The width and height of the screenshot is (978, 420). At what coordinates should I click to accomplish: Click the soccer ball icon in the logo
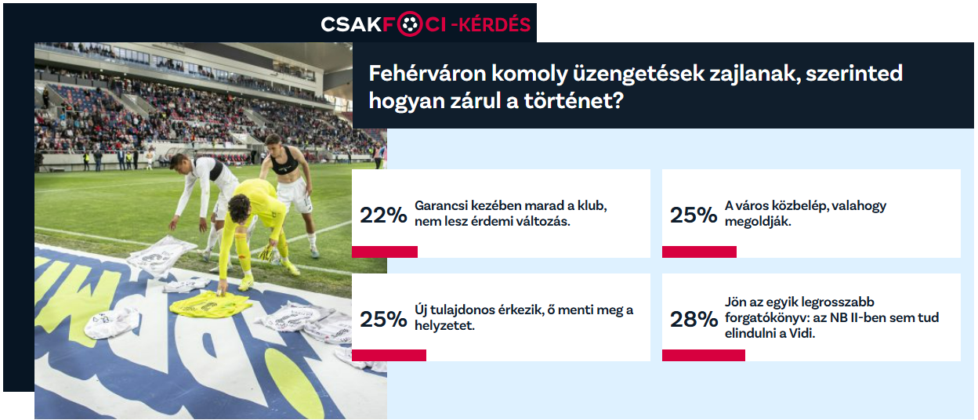point(409,24)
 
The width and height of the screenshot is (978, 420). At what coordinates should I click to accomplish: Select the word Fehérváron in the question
point(427,74)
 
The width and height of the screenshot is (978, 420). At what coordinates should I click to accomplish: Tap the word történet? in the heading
point(574,101)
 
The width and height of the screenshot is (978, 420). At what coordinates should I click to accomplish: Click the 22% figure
point(383,215)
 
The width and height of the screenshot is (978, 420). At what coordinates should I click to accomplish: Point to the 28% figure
point(694,319)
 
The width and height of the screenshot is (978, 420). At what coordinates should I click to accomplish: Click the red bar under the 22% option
point(385,252)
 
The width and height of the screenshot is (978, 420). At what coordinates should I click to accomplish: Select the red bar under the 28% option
point(704,356)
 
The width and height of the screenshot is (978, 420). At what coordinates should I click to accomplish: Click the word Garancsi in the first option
point(440,205)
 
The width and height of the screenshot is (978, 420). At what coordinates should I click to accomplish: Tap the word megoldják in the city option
point(758,222)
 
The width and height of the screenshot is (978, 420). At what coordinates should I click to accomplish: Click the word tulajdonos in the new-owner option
point(462,310)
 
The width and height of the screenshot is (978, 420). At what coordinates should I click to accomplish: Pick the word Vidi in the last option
point(802,334)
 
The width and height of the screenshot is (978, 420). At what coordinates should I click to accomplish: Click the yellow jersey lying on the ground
point(209,304)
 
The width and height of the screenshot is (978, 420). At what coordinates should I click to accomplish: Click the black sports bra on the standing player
point(284,161)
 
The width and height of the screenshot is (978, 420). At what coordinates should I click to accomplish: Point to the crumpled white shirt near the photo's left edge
point(111,324)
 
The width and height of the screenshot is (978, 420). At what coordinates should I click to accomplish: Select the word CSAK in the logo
point(351,24)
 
